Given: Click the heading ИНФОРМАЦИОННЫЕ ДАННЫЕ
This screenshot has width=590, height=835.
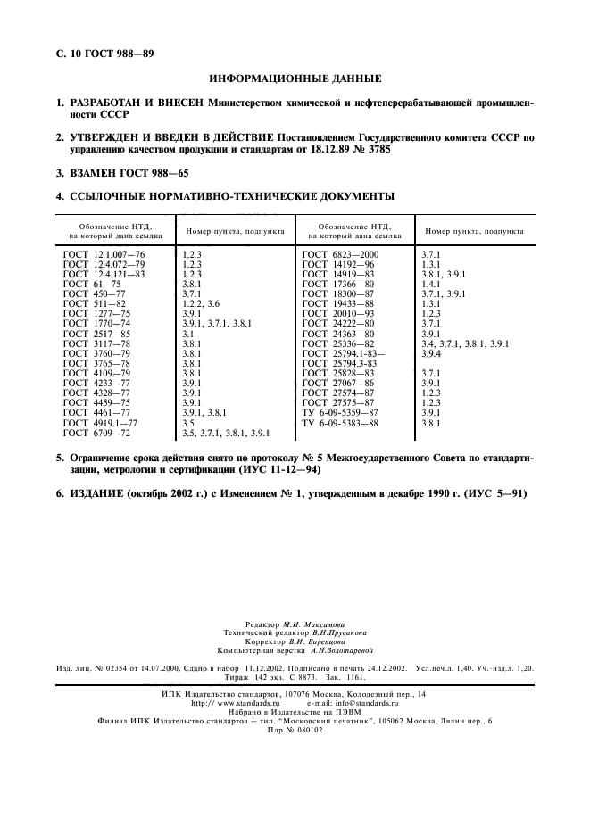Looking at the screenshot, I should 295,78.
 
